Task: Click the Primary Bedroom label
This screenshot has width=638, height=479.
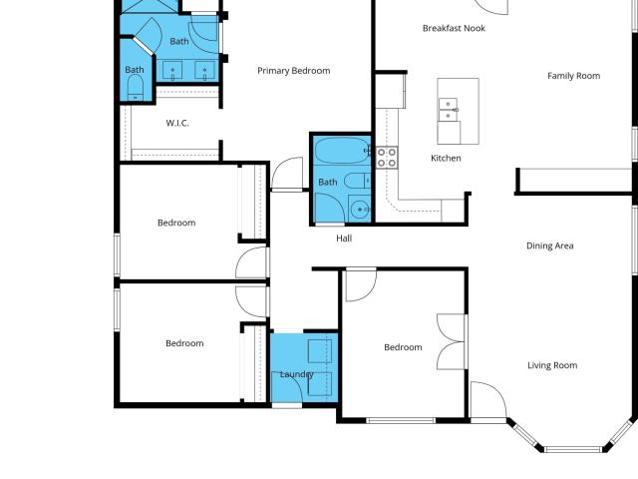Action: click(294, 71)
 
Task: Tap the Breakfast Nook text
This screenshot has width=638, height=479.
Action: click(454, 29)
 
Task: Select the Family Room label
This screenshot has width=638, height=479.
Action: click(574, 76)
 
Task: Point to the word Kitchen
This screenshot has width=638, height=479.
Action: click(446, 158)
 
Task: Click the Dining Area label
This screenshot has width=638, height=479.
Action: click(550, 245)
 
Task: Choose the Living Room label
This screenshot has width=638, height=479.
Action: click(552, 365)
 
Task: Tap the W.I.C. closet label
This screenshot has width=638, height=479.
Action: click(177, 123)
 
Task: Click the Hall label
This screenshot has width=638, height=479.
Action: click(344, 239)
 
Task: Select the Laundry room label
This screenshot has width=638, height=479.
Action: click(297, 374)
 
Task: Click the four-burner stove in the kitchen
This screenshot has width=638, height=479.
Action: click(387, 158)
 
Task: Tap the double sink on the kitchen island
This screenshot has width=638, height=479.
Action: click(448, 110)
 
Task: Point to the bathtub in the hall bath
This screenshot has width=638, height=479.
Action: click(342, 151)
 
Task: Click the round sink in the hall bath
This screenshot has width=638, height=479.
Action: click(360, 210)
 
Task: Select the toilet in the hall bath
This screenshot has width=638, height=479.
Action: click(357, 181)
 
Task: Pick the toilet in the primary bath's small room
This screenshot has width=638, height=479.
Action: click(136, 88)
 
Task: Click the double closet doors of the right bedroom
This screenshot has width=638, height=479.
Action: click(451, 341)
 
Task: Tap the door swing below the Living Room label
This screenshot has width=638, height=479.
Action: click(488, 399)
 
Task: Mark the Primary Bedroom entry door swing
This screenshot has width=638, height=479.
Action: click(287, 173)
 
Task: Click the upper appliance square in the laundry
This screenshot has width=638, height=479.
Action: click(320, 351)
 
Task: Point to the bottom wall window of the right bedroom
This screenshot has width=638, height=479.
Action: click(401, 420)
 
